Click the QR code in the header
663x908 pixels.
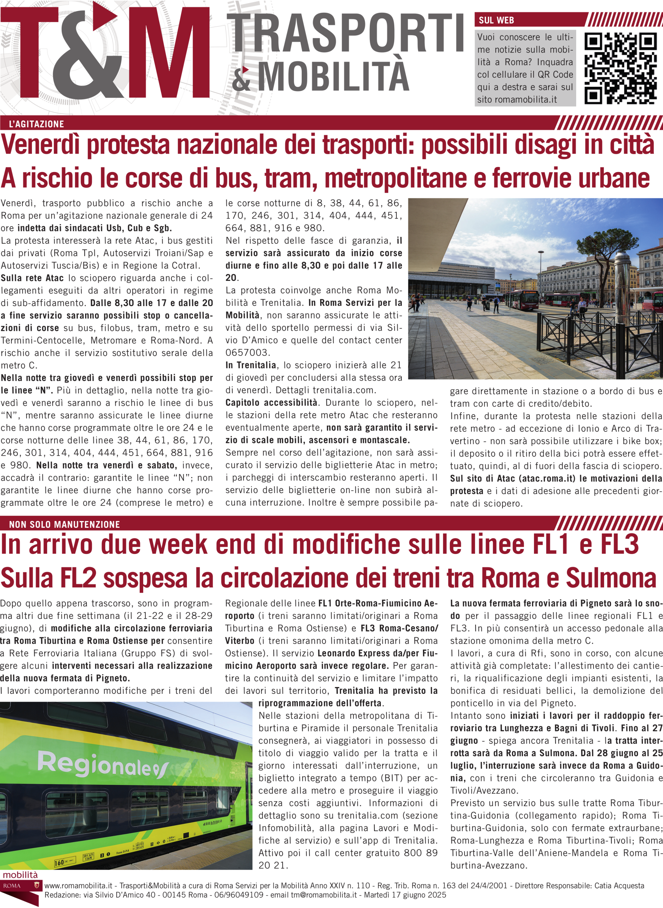(620, 69)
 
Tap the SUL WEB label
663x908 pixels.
(496, 20)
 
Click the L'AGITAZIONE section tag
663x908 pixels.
(37, 124)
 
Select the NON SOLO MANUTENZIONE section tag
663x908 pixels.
(64, 524)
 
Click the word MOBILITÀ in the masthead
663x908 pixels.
(333, 76)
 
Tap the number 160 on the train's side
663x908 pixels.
(59, 863)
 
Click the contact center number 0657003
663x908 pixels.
(247, 353)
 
